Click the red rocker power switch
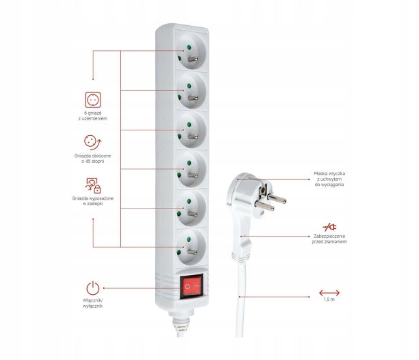[192, 286]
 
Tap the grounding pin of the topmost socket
[193, 59]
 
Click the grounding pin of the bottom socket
[192, 252]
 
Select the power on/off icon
[93, 288]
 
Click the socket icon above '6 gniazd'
[93, 100]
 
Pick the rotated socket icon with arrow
[93, 142]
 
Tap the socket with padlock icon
[93, 185]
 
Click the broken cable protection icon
[329, 227]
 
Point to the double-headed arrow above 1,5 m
[329, 293]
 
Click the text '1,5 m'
[329, 300]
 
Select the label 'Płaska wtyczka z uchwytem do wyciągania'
[329, 179]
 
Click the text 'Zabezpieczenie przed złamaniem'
[329, 239]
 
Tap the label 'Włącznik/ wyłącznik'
[93, 304]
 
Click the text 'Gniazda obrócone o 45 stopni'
[93, 158]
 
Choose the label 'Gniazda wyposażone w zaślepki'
[93, 201]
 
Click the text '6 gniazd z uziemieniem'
[93, 115]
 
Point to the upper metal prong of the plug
[277, 198]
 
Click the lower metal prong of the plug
[265, 206]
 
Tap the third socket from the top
[192, 130]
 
